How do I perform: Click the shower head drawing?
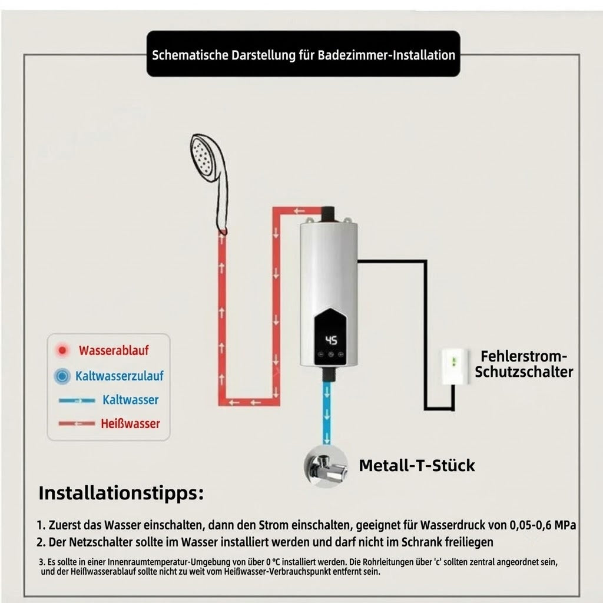pyautogui.click(x=210, y=181)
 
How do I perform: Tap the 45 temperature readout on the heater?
pyautogui.click(x=331, y=340)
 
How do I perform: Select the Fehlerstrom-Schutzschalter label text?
pyautogui.click(x=524, y=364)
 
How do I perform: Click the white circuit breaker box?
pyautogui.click(x=455, y=366)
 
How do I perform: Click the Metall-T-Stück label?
pyautogui.click(x=417, y=465)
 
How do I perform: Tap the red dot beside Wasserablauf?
pyautogui.click(x=62, y=350)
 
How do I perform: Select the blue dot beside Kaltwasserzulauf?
pyautogui.click(x=62, y=376)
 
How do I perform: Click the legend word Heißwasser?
pyautogui.click(x=130, y=424)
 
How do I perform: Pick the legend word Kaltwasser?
pyautogui.click(x=130, y=400)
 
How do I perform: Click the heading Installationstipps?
pyautogui.click(x=121, y=493)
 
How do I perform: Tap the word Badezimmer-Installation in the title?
pyautogui.click(x=386, y=55)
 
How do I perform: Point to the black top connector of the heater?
pyautogui.click(x=329, y=214)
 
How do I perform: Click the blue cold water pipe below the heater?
pyautogui.click(x=326, y=413)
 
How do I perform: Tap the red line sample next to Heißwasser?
pyautogui.click(x=77, y=424)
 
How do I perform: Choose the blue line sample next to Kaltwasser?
pyautogui.click(x=77, y=400)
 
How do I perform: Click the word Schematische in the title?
pyautogui.click(x=190, y=55)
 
